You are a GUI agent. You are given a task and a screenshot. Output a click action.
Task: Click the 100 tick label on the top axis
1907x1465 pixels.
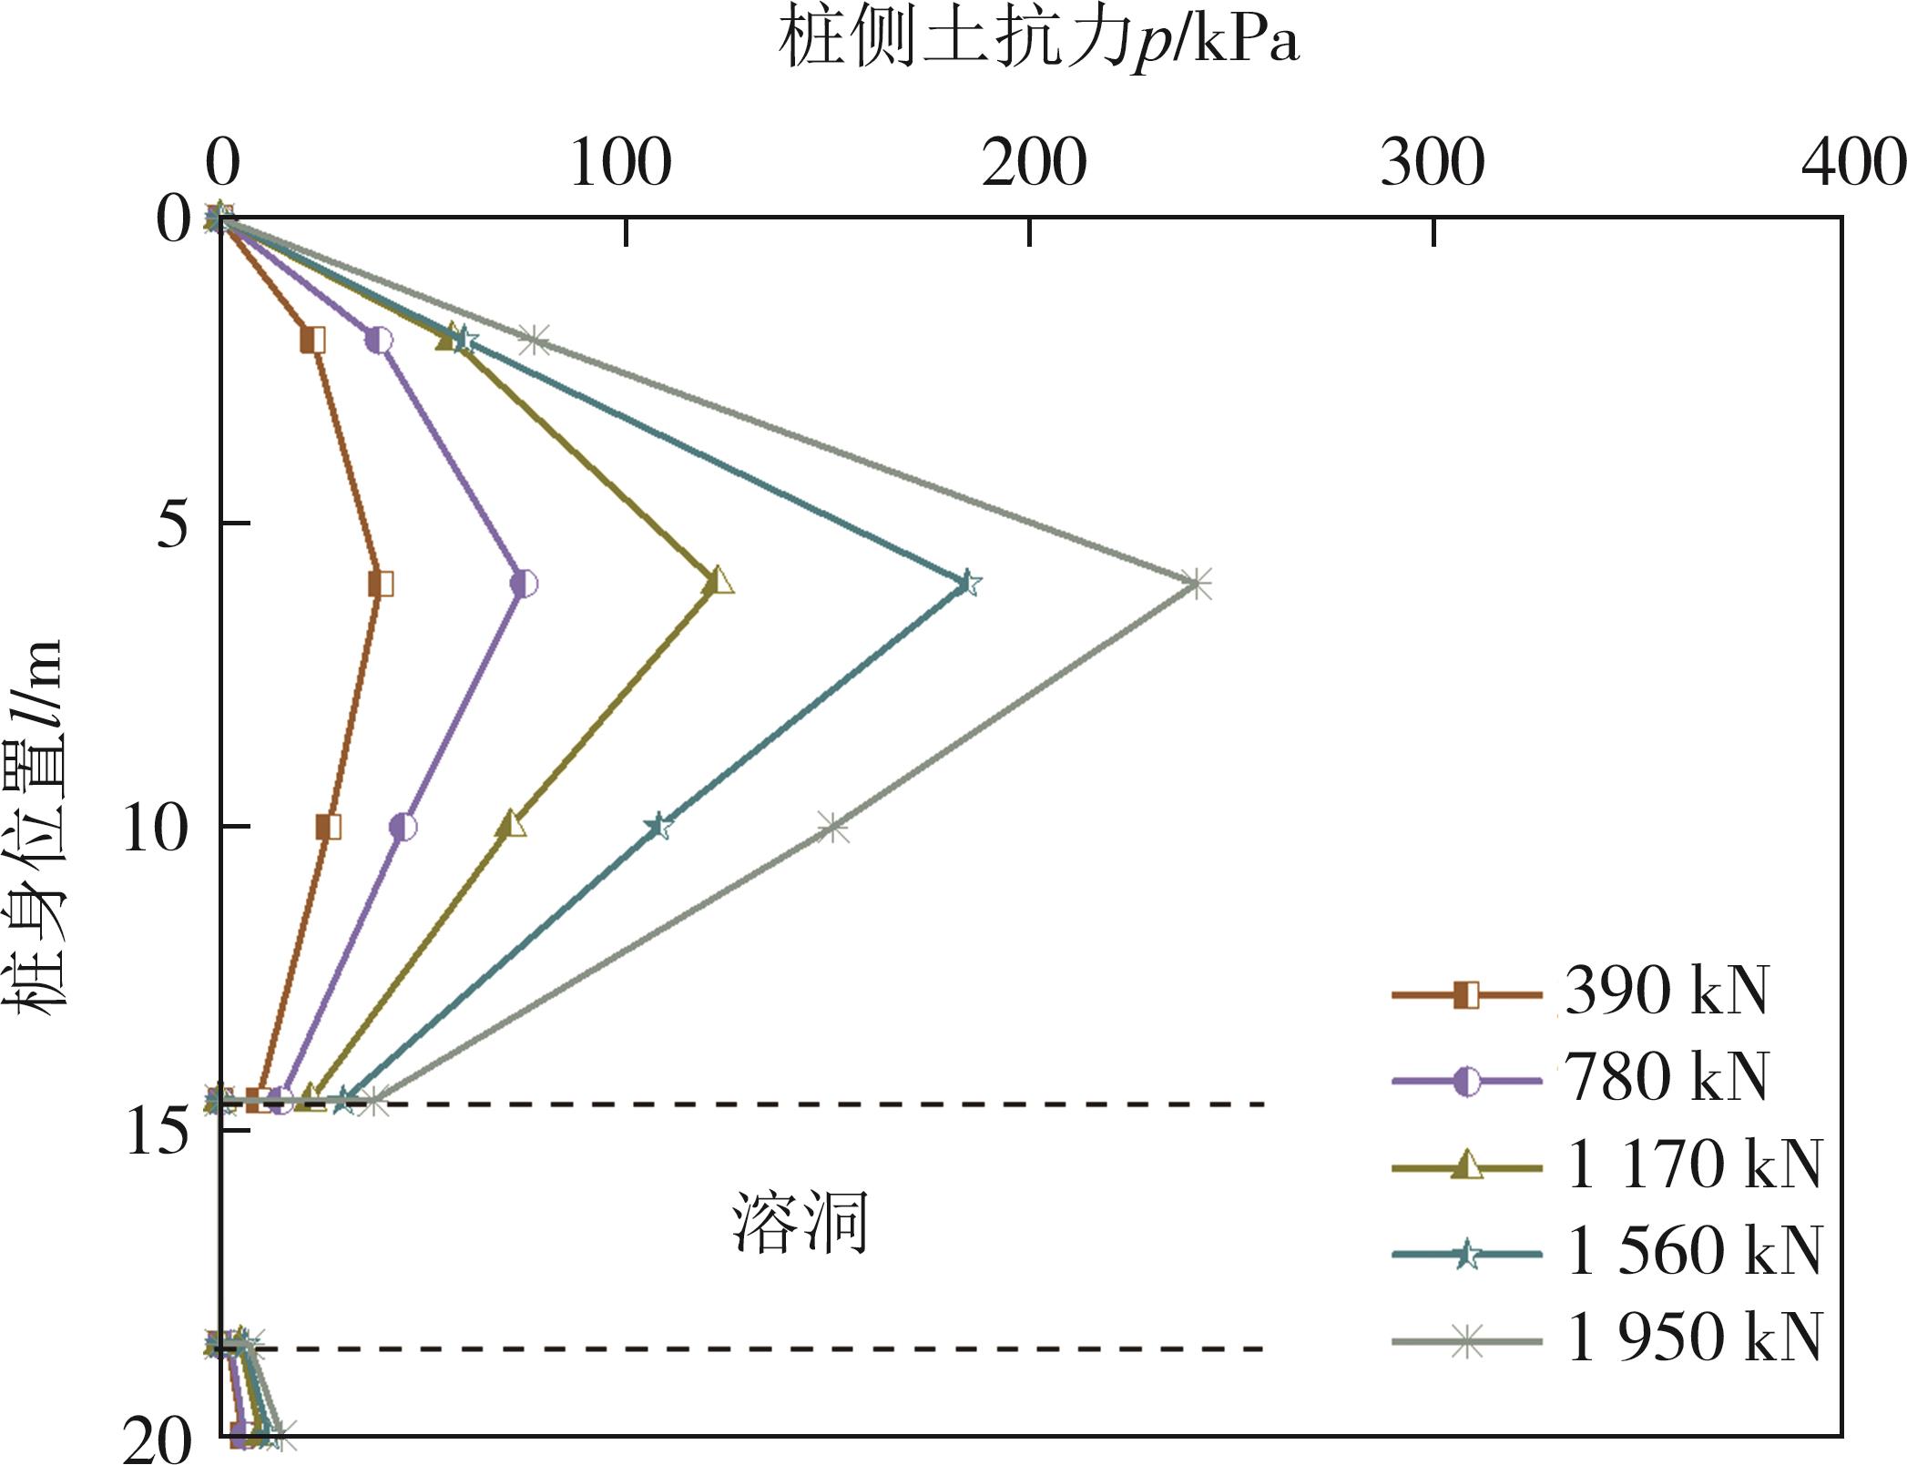click(x=621, y=165)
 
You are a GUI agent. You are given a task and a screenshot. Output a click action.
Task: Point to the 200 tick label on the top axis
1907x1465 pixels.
click(x=1035, y=165)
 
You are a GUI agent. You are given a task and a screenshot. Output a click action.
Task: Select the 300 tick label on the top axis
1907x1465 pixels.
click(x=1433, y=165)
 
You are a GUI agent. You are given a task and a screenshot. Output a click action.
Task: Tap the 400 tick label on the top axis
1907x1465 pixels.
click(x=1854, y=165)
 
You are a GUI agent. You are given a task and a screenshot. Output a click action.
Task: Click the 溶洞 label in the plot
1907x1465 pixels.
click(x=800, y=1222)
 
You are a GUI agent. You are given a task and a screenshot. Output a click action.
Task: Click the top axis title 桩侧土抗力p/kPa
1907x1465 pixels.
click(x=1038, y=42)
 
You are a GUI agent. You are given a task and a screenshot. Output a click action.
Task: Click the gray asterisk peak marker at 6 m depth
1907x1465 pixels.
click(x=1198, y=584)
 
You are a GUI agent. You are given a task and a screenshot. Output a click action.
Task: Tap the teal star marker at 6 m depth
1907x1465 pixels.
click(x=969, y=584)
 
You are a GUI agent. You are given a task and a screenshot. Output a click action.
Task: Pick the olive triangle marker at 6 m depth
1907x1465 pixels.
click(x=719, y=582)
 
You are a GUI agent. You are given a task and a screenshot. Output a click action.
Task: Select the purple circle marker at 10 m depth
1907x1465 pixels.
click(x=403, y=828)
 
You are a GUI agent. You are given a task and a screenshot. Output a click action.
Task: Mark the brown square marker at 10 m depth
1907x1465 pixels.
click(x=329, y=828)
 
